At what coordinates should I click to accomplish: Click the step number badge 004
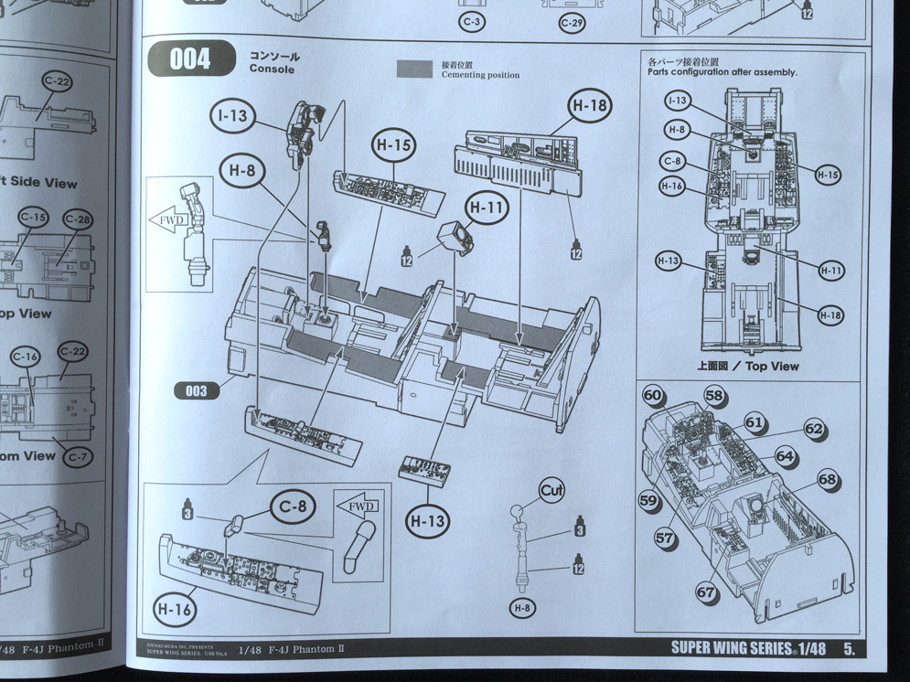(x=190, y=60)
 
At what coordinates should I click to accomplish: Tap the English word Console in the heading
(x=272, y=69)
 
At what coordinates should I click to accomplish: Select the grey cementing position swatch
(x=414, y=69)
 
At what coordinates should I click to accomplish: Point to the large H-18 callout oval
(x=589, y=106)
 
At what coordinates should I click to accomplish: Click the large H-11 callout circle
(x=487, y=208)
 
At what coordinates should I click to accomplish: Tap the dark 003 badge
(x=196, y=391)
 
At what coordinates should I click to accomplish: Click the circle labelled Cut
(x=551, y=490)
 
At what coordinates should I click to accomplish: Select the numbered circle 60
(x=652, y=396)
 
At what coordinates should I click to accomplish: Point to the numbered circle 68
(x=827, y=479)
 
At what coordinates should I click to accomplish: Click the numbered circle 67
(x=705, y=592)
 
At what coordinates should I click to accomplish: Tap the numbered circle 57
(x=664, y=539)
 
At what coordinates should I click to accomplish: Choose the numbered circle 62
(x=813, y=429)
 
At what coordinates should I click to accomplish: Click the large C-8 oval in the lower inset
(x=292, y=504)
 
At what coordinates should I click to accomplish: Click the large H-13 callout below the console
(x=428, y=522)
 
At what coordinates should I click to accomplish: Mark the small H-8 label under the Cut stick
(x=520, y=608)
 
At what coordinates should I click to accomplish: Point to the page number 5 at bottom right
(x=850, y=648)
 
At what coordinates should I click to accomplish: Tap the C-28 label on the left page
(x=78, y=219)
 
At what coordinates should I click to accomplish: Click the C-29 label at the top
(x=572, y=21)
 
